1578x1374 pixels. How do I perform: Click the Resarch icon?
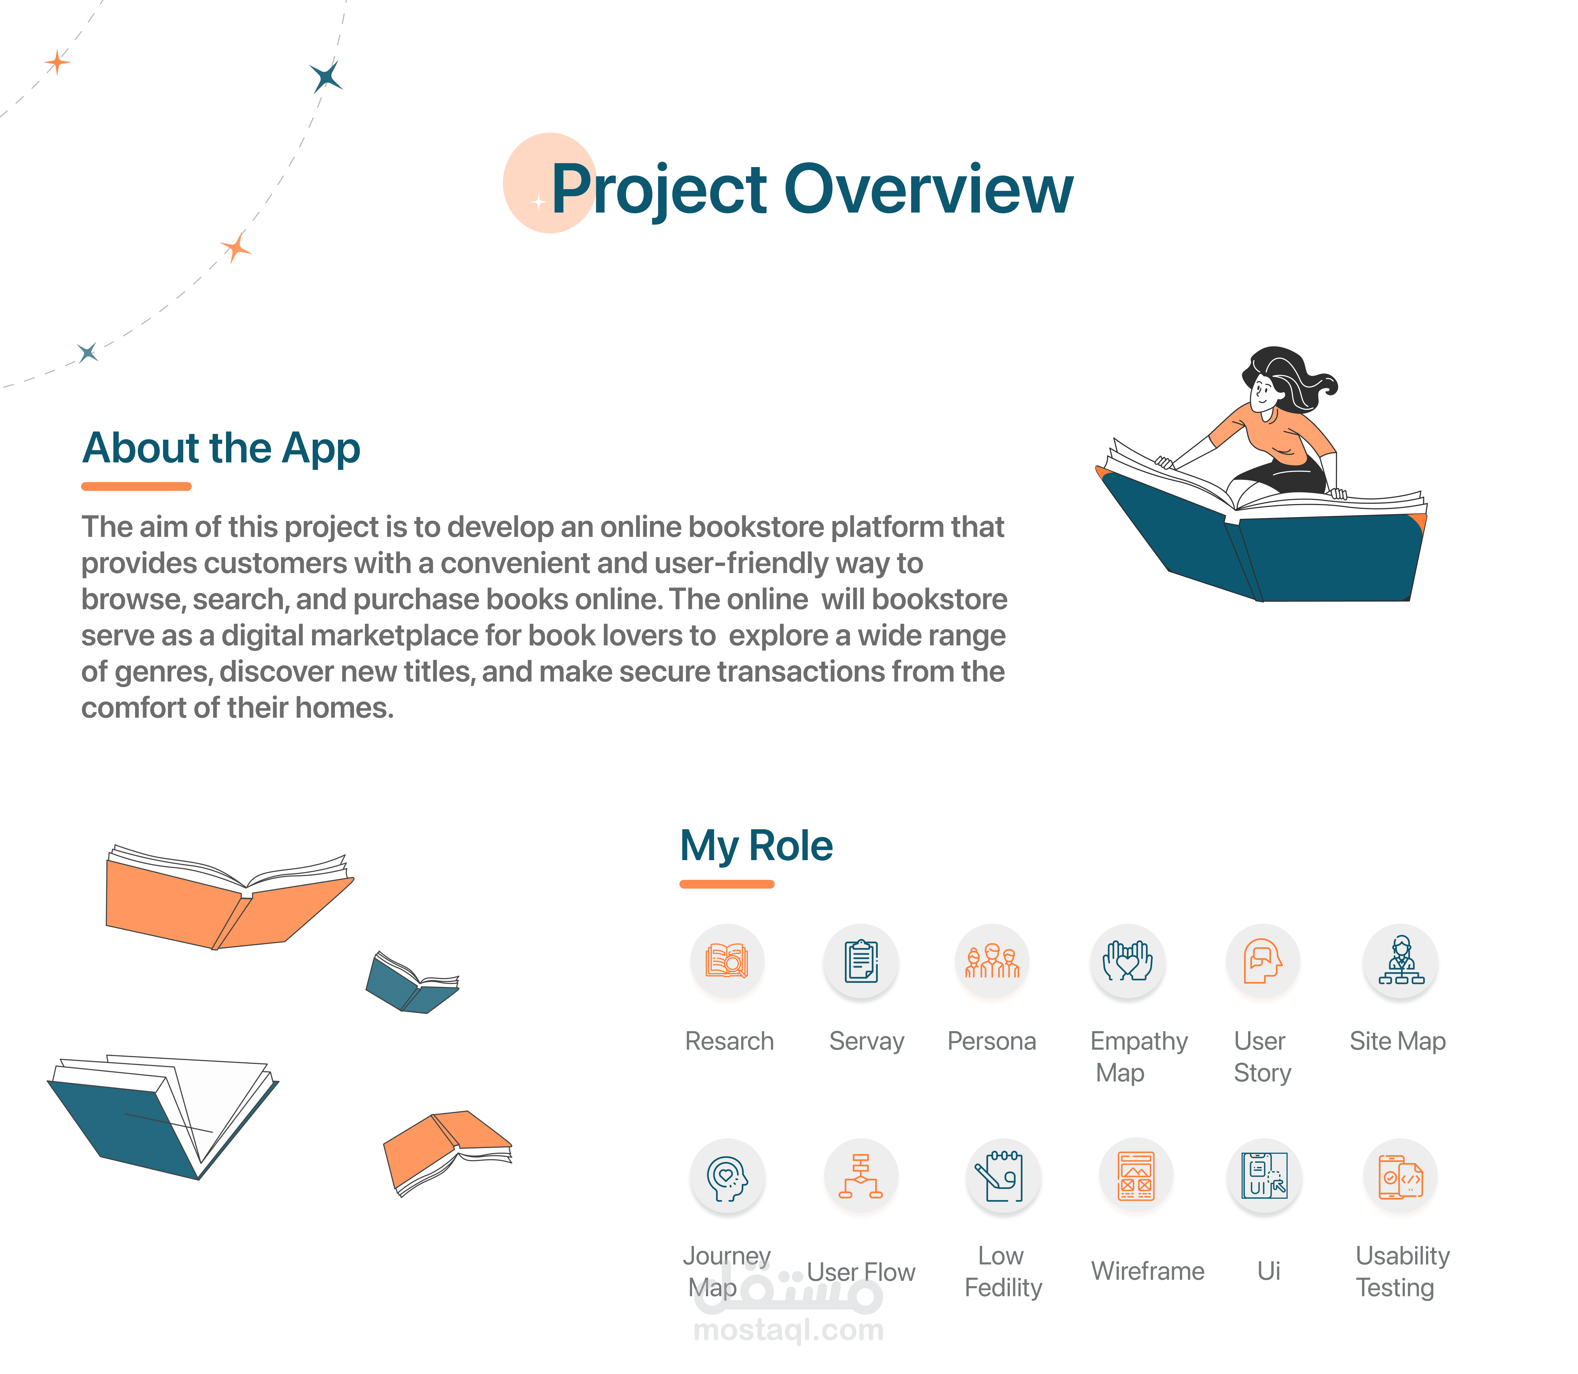coord(727,961)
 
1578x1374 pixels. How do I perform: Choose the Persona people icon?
coord(992,961)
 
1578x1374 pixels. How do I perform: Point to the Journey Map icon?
coord(727,1175)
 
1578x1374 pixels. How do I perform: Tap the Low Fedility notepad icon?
coord(1003,1175)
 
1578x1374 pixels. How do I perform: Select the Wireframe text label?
coord(1148,1271)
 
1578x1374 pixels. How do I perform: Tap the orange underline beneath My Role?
coord(727,884)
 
